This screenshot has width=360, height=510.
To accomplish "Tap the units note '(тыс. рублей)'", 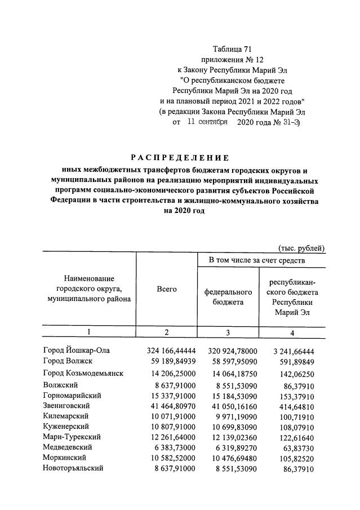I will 301,247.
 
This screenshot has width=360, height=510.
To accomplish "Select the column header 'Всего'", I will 167,289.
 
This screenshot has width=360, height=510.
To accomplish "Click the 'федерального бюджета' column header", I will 228,298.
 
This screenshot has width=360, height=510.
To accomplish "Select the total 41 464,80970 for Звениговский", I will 169,406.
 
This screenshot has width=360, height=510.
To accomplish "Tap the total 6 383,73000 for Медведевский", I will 171,447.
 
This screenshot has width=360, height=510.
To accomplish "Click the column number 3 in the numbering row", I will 228,332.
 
